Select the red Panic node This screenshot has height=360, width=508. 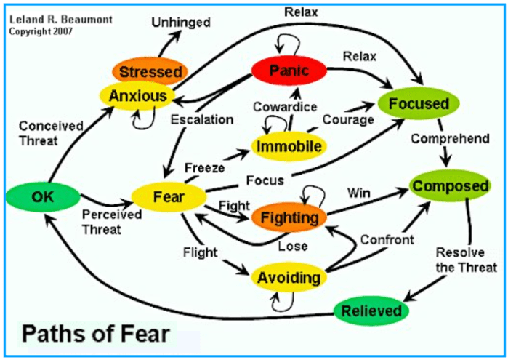pyautogui.click(x=289, y=70)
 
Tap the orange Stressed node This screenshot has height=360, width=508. pyautogui.click(x=150, y=71)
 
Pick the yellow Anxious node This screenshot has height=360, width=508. pyautogui.click(x=137, y=95)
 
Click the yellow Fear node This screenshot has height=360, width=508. pyautogui.click(x=166, y=196)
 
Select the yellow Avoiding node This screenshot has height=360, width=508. pyautogui.click(x=289, y=277)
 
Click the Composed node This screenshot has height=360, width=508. pyautogui.click(x=450, y=186)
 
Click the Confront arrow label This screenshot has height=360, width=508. pyautogui.click(x=387, y=239)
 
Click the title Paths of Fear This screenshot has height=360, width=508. pyautogui.click(x=94, y=335)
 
